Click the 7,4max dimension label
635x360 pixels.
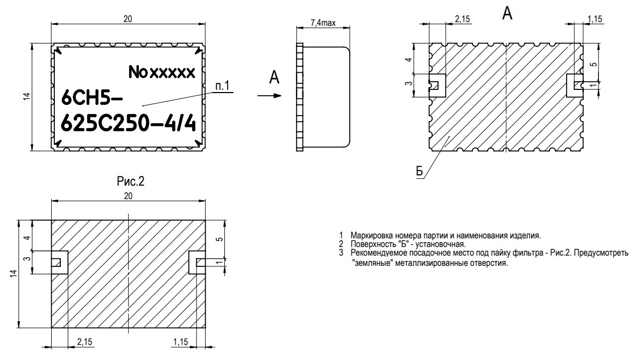click(323, 23)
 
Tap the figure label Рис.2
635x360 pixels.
click(130, 181)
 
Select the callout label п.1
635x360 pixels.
click(222, 86)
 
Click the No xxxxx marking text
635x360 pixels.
click(162, 72)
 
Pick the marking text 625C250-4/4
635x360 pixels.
click(129, 123)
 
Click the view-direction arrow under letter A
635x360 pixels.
click(269, 96)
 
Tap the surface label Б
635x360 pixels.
click(419, 171)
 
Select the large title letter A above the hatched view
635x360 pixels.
click(507, 13)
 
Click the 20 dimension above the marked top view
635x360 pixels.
click(128, 19)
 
